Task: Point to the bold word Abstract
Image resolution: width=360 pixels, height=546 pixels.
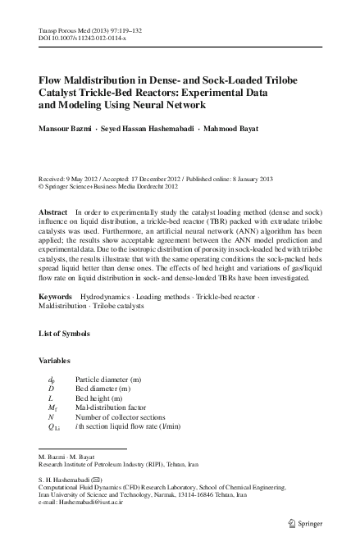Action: tap(54, 212)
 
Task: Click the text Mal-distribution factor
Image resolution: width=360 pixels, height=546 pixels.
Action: tap(116, 407)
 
